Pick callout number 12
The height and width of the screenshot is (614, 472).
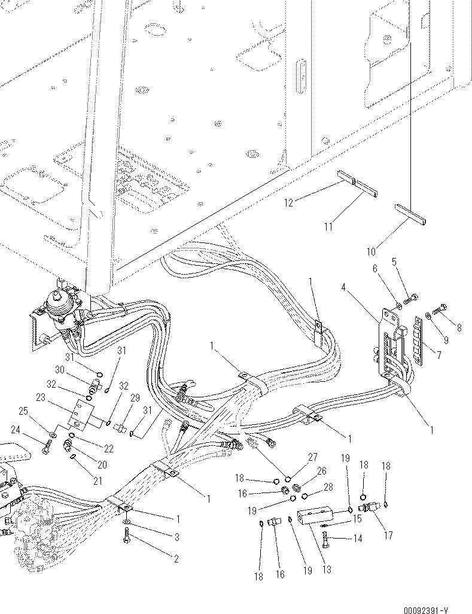(x=288, y=203)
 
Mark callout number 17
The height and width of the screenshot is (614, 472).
(x=388, y=535)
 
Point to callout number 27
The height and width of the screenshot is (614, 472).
(x=312, y=457)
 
